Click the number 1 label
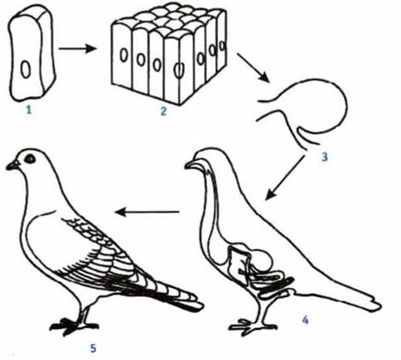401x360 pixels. tap(28, 110)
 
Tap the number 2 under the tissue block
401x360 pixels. tap(163, 111)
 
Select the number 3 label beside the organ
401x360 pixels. tap(325, 157)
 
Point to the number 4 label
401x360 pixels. tap(305, 320)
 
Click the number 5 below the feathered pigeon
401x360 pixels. tap(93, 348)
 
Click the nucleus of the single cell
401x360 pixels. tap(26, 69)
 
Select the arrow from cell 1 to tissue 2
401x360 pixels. tap(78, 49)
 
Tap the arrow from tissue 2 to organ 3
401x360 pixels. tap(253, 67)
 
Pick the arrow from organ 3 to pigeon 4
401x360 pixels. tap(285, 177)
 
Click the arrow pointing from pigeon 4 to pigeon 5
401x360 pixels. tap(147, 212)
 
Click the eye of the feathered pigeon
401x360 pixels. tap(30, 158)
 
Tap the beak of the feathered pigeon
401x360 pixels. tap(12, 165)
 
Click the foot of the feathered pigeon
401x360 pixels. tap(73, 326)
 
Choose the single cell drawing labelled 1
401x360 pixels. tap(31, 53)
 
